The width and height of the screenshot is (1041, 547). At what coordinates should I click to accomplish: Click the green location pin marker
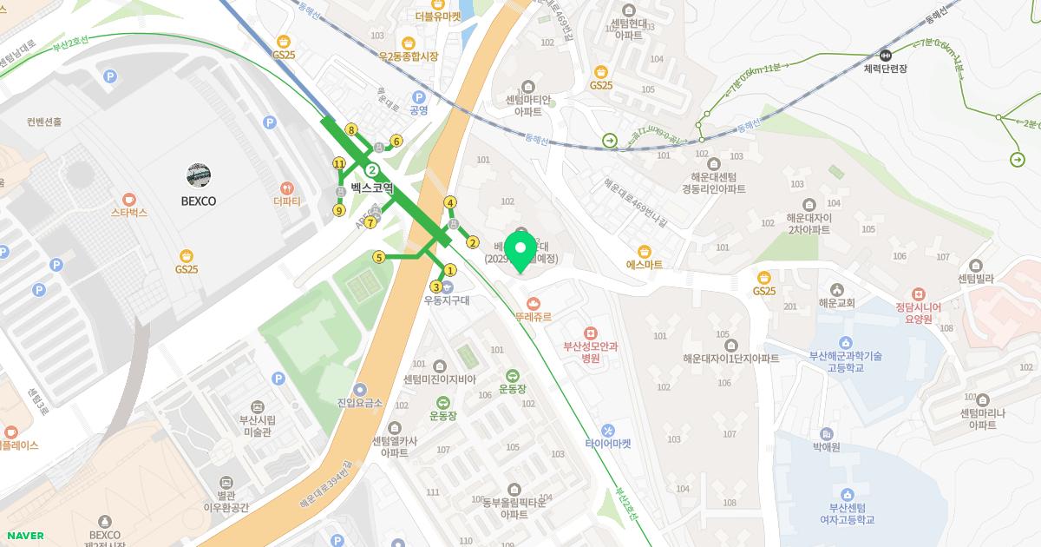click(x=521, y=248)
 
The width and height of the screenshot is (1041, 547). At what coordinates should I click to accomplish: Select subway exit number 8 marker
click(x=351, y=130)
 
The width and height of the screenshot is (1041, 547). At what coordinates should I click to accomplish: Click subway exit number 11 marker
click(x=339, y=163)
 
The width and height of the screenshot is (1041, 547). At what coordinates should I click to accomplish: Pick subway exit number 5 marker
click(x=378, y=257)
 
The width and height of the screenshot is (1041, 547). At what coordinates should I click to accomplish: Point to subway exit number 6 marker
click(x=396, y=141)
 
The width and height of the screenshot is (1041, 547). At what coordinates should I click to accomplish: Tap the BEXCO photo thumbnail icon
click(x=199, y=175)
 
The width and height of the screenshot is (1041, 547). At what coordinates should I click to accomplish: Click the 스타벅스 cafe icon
click(x=128, y=198)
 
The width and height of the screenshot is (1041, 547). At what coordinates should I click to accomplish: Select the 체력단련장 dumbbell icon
click(x=885, y=54)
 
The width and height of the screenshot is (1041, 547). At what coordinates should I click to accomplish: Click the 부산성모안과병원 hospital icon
click(x=590, y=333)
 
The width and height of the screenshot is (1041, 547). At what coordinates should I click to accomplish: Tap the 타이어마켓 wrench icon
click(x=607, y=430)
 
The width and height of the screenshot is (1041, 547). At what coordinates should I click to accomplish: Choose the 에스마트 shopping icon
click(x=644, y=251)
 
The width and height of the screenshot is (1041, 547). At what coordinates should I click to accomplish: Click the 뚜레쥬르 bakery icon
click(x=533, y=303)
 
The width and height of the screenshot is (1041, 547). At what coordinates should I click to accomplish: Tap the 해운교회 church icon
click(x=836, y=290)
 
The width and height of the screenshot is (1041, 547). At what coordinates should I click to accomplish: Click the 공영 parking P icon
click(x=419, y=97)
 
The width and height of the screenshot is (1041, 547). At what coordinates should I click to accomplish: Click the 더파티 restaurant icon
click(x=287, y=188)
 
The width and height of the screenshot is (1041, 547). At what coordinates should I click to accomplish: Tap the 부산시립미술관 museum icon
click(x=256, y=406)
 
